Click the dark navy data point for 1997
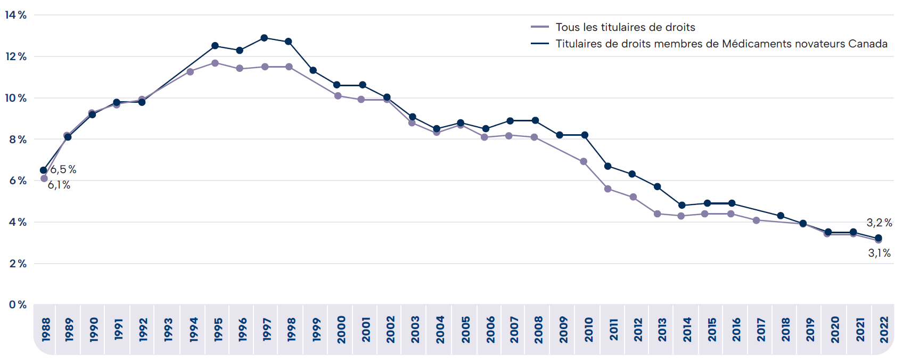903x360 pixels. (x=264, y=38)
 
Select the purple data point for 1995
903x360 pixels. (x=215, y=63)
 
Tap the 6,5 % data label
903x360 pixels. (x=63, y=169)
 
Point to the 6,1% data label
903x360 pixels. (x=59, y=185)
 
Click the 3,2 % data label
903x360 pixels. (x=879, y=223)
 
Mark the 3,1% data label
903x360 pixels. (x=879, y=253)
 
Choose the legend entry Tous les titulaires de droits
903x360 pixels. (x=625, y=27)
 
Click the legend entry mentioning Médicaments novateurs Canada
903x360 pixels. (x=721, y=44)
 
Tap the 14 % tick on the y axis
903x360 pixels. (x=16, y=15)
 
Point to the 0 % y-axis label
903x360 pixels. (x=18, y=305)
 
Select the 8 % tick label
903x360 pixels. (x=18, y=140)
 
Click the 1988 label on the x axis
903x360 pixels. (x=46, y=330)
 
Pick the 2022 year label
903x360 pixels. (x=884, y=330)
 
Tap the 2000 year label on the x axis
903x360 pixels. (x=341, y=330)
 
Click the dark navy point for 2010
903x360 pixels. (x=585, y=135)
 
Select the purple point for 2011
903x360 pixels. (x=608, y=189)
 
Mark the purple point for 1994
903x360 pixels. (x=190, y=71)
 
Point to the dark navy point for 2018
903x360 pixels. (x=781, y=216)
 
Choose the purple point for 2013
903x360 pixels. (x=658, y=214)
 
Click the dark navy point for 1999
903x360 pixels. (x=313, y=70)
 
